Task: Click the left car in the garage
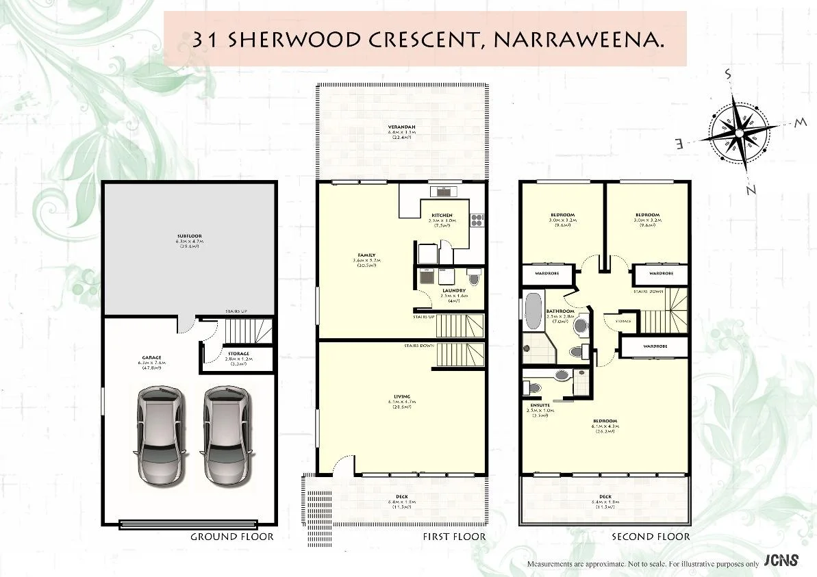click(x=160, y=435)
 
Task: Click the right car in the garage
click(x=226, y=435)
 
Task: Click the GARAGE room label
click(x=151, y=358)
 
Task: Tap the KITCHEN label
click(x=442, y=216)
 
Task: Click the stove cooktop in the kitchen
click(x=477, y=220)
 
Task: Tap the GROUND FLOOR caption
click(x=231, y=537)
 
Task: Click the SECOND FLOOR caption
click(x=651, y=537)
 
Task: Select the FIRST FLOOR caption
click(x=455, y=537)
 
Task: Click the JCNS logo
click(x=781, y=561)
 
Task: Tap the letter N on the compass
click(x=751, y=190)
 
